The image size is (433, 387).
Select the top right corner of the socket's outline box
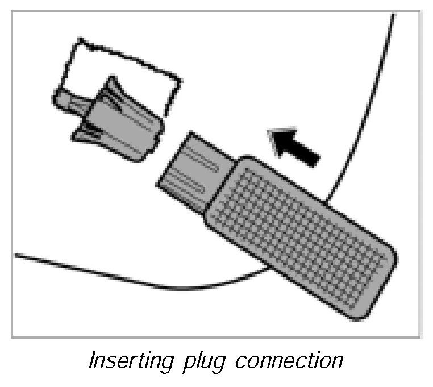[181, 77]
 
